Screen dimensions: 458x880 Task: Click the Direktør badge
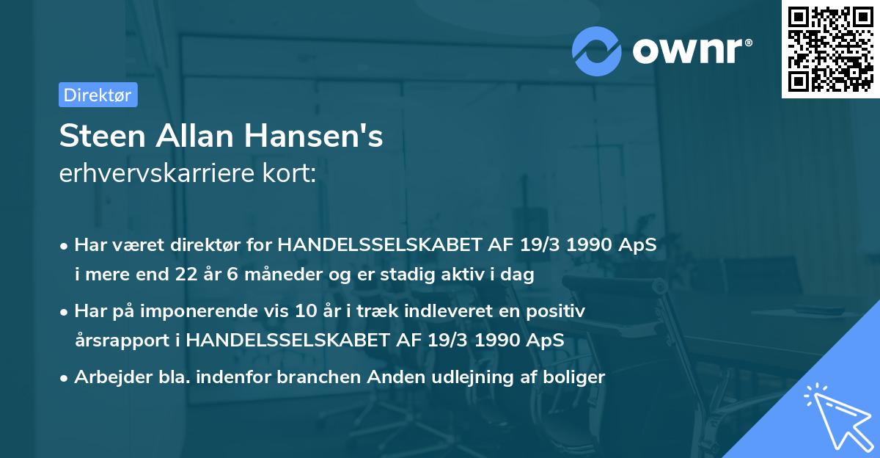tap(98, 95)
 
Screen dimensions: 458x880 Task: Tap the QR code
tap(830, 49)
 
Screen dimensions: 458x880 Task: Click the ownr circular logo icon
tap(596, 51)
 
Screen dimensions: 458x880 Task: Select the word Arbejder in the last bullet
tap(106, 377)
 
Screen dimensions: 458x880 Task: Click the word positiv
tap(558, 311)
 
